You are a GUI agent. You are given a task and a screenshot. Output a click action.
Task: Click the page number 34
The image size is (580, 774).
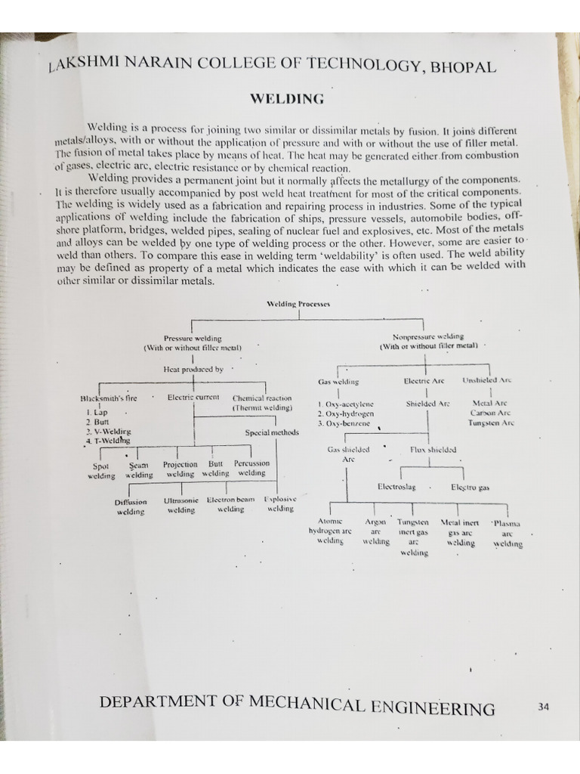(x=543, y=707)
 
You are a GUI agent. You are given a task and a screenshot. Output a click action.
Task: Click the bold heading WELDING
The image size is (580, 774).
(x=287, y=99)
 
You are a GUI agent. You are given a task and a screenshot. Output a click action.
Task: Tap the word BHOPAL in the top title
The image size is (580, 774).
(x=463, y=67)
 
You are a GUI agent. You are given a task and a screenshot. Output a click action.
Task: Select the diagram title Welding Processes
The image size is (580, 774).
(x=298, y=304)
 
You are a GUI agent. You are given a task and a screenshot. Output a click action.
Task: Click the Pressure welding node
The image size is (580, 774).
(x=193, y=342)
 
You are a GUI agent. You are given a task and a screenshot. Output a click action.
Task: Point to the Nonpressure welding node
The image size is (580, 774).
(x=428, y=341)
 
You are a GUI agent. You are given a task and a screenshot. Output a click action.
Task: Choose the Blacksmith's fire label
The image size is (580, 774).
(x=109, y=398)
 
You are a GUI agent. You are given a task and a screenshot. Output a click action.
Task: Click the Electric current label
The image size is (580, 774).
(x=193, y=397)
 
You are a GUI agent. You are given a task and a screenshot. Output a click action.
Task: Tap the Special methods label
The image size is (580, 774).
(x=272, y=432)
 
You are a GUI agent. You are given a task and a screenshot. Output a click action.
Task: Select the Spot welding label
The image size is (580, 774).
(x=101, y=471)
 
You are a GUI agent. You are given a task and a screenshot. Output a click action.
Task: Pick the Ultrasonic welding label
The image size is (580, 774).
(x=181, y=505)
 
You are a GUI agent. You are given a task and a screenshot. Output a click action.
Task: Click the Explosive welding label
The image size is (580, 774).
(x=280, y=503)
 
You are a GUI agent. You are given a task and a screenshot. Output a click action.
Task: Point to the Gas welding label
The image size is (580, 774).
(x=338, y=382)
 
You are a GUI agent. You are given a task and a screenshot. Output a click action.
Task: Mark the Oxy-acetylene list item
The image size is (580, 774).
(x=346, y=404)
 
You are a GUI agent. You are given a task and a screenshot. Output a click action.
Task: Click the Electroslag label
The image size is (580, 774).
(x=396, y=487)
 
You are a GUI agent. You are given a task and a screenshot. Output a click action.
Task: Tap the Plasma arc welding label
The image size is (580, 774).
(x=507, y=534)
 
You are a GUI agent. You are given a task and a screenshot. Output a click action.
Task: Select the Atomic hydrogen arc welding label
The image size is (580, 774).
(x=330, y=531)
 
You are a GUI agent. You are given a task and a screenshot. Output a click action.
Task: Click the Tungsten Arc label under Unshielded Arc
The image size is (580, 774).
(x=491, y=423)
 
